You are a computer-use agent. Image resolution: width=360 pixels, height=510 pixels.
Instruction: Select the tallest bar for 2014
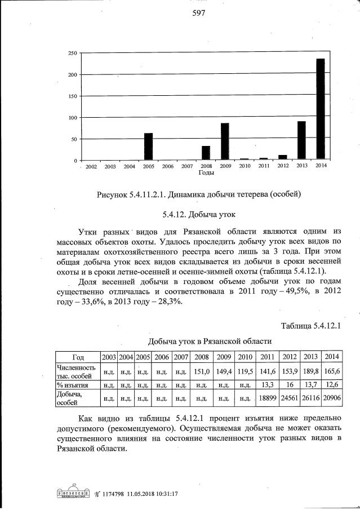click(x=320, y=109)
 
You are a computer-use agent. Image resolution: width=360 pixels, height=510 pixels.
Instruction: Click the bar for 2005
click(x=148, y=147)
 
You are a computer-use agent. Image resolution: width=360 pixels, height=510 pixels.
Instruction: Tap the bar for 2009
click(x=225, y=141)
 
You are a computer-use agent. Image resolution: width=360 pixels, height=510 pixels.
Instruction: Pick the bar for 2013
click(x=301, y=140)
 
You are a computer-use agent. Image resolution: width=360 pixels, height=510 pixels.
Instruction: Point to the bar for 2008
click(x=206, y=153)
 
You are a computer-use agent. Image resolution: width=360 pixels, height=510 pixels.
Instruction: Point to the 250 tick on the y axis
click(x=72, y=54)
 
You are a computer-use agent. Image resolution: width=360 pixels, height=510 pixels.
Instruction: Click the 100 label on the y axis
click(x=72, y=118)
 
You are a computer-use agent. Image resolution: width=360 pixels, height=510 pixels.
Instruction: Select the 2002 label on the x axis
click(x=91, y=166)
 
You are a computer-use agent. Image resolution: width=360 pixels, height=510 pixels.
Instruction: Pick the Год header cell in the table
click(x=78, y=356)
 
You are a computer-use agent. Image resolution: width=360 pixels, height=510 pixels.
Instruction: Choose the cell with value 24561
click(x=289, y=398)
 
